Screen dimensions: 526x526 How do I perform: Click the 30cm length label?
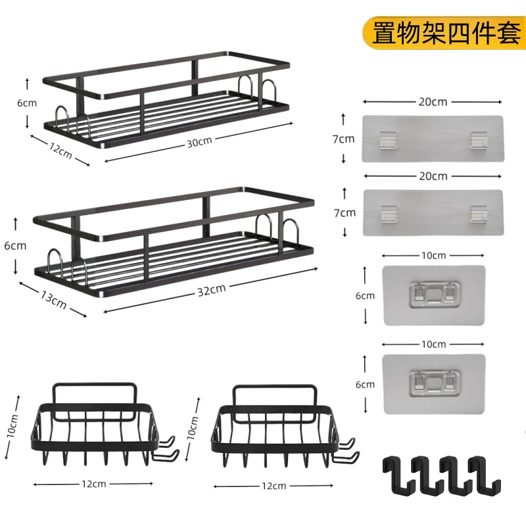click(199, 142)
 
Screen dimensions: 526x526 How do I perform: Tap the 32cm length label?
click(211, 290)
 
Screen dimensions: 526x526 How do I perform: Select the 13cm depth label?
click(54, 299)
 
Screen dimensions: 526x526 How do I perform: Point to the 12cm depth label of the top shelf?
click(60, 151)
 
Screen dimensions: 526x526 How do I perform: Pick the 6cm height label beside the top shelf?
click(27, 103)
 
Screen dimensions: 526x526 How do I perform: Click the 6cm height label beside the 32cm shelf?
click(15, 246)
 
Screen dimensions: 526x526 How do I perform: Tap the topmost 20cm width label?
click(433, 102)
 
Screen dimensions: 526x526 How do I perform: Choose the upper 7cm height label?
click(343, 139)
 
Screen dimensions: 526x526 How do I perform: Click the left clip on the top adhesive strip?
click(388, 139)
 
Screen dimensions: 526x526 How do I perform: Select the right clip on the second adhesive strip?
click(479, 214)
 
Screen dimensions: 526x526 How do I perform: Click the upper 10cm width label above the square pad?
click(434, 256)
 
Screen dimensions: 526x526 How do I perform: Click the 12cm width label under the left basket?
click(93, 484)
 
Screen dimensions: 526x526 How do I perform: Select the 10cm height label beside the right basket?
click(192, 428)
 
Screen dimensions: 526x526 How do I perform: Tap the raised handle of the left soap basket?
click(95, 402)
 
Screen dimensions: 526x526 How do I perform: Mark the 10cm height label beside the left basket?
click(12, 426)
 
